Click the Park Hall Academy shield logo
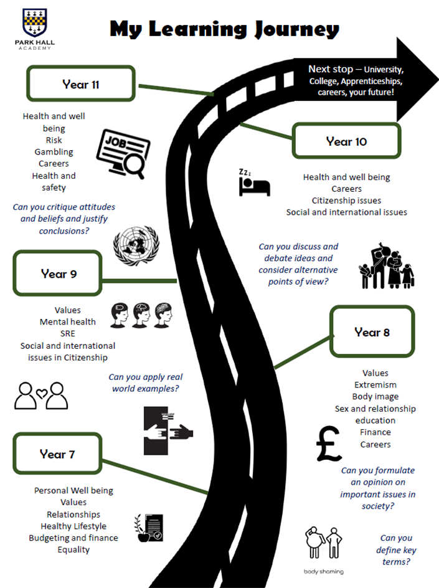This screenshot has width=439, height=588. coord(35,22)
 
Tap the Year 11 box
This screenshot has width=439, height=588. coord(80,83)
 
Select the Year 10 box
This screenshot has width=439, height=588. coord(346,141)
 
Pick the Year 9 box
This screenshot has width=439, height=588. coord(58,273)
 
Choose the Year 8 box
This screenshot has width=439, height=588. coord(372,331)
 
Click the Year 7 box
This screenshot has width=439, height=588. coord(57,453)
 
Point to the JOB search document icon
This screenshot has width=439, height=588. coord(123,153)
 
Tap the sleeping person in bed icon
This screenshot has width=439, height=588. coord(255,183)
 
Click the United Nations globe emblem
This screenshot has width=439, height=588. coord(136,245)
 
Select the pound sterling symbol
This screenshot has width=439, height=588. coord(329,443)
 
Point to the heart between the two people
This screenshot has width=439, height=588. coord(42,393)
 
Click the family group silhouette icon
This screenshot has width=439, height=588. coord(387,266)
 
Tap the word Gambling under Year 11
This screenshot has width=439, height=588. coord(54,152)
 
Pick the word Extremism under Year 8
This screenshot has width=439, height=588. coord(375,385)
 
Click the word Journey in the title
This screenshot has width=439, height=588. coord(297,29)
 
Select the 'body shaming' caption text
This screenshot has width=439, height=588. coord(324,572)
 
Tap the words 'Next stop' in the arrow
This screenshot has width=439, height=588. coord(331,69)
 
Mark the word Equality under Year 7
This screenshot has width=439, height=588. coord(73,550)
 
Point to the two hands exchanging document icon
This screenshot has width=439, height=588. coord(168,431)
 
